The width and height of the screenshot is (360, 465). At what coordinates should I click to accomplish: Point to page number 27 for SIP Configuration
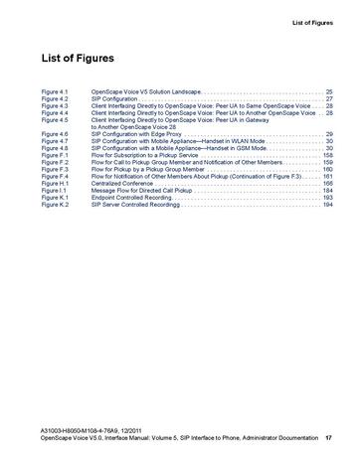click(x=329, y=99)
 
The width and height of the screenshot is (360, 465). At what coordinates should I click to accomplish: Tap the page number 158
click(x=327, y=156)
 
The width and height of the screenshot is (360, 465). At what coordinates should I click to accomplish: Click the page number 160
click(x=327, y=170)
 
